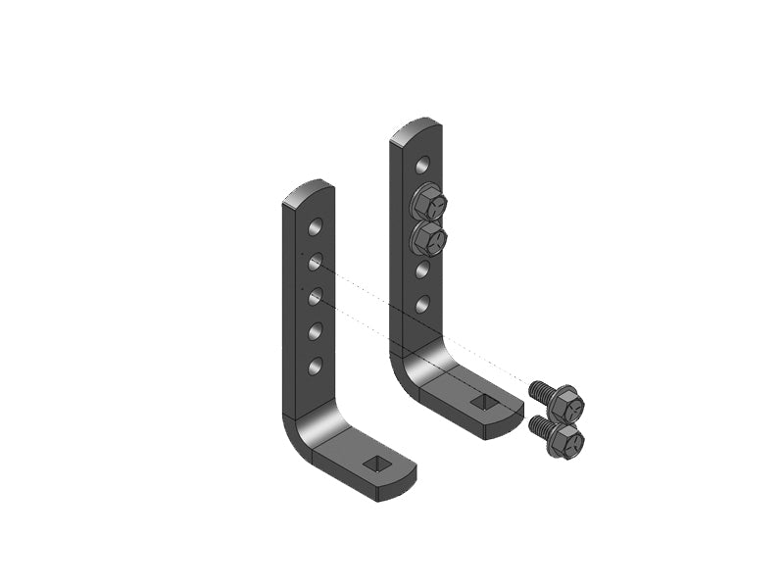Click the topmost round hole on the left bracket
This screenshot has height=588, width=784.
tap(315, 227)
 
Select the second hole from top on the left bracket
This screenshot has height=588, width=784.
tap(315, 262)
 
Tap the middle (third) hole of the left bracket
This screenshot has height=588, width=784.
tap(315, 296)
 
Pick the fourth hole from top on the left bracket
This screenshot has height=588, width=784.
tap(315, 331)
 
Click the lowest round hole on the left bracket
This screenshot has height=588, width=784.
tap(315, 366)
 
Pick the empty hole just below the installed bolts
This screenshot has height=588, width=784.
tap(422, 269)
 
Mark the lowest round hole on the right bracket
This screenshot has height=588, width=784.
tap(422, 305)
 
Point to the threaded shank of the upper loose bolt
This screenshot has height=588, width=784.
tap(539, 390)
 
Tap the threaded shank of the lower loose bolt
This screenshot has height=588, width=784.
tap(538, 425)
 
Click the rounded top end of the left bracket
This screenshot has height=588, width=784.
tap(306, 189)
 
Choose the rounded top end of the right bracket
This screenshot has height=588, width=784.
tap(416, 128)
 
